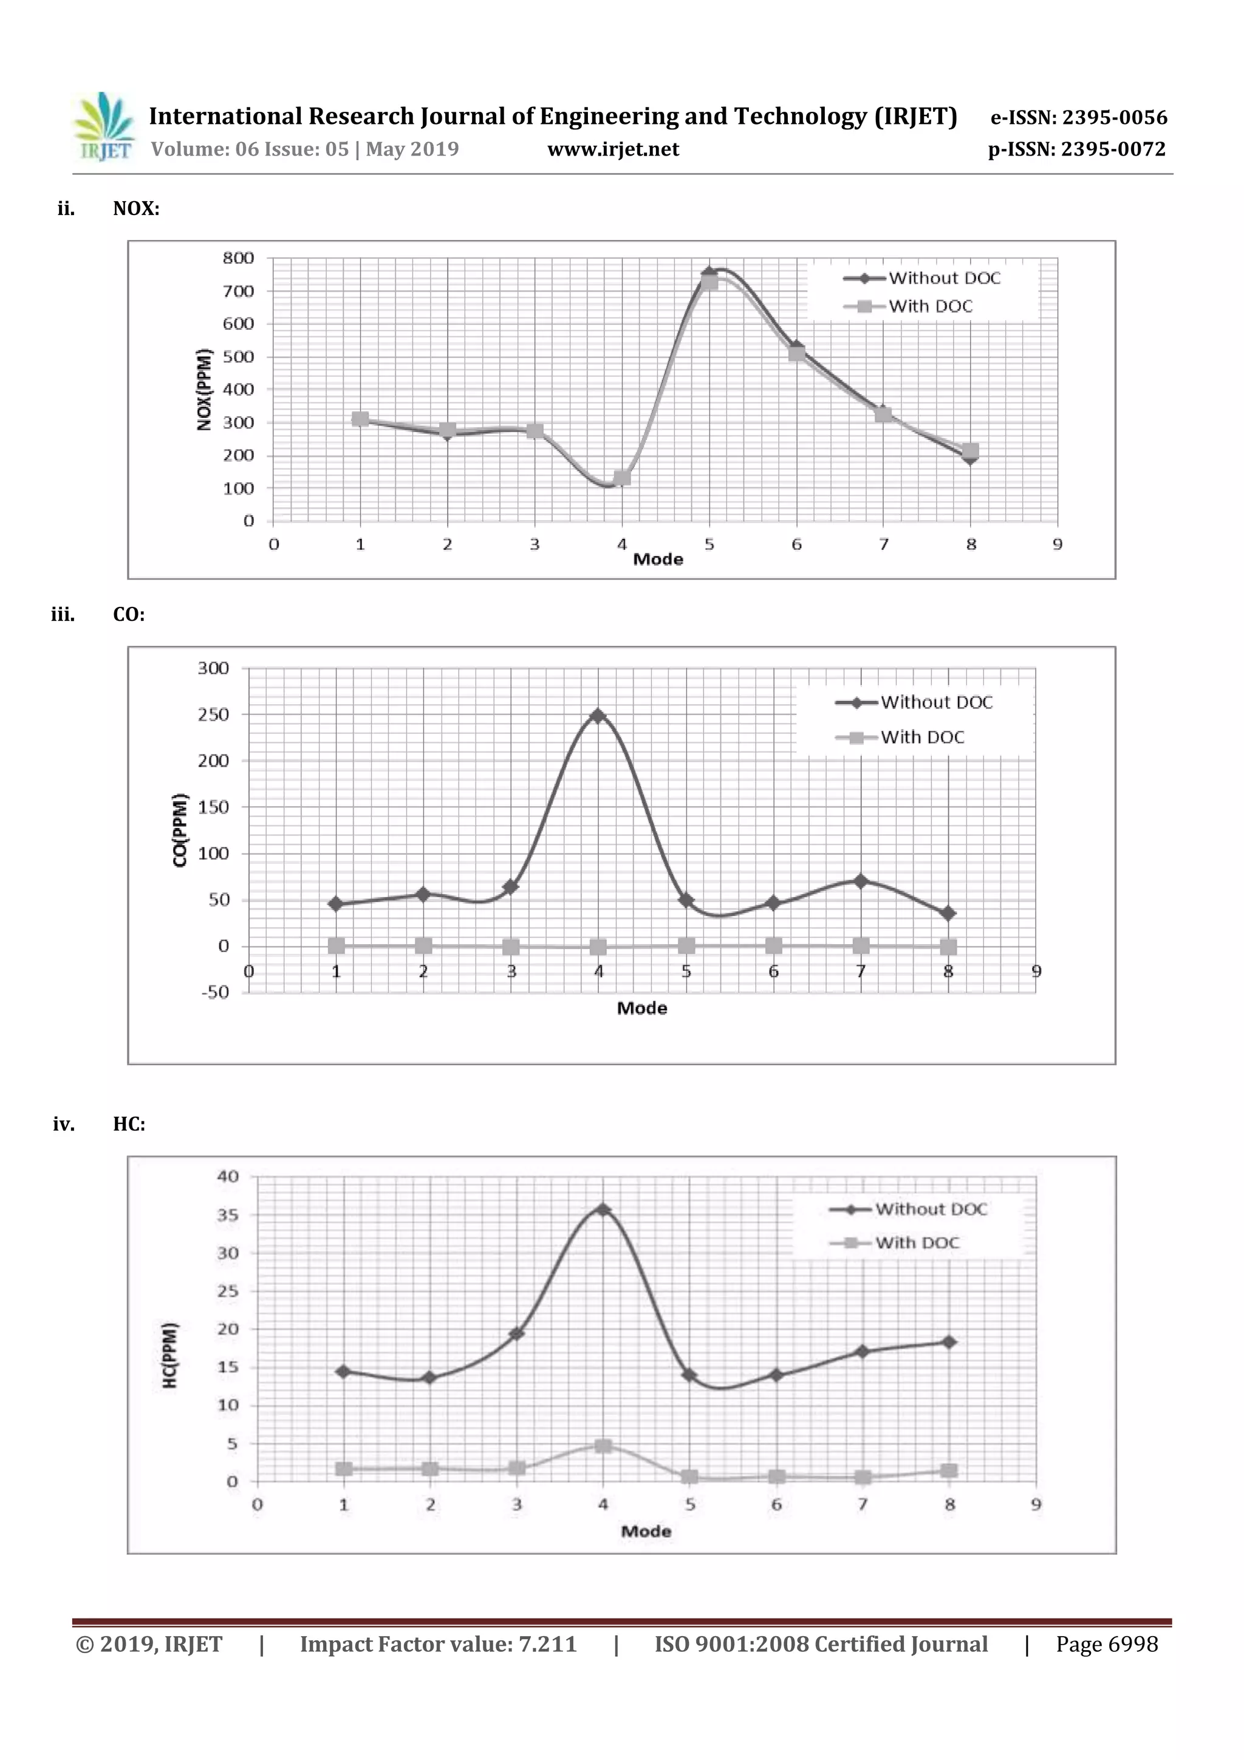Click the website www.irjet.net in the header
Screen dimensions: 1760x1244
coord(612,149)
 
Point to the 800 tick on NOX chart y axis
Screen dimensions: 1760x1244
coord(238,258)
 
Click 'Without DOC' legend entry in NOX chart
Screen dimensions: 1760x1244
coord(943,278)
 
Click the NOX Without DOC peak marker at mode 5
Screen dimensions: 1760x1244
coord(709,272)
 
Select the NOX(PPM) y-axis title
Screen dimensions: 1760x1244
coord(204,389)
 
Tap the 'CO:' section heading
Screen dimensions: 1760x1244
coord(128,615)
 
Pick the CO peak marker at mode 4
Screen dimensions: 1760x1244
coord(598,715)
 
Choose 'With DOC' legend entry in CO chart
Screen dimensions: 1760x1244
coord(921,738)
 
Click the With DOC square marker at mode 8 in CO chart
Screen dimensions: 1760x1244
coord(948,948)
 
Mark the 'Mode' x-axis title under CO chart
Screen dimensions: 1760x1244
coord(641,1008)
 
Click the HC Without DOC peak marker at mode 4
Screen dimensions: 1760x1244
coord(603,1210)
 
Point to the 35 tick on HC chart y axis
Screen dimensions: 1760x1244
coord(228,1215)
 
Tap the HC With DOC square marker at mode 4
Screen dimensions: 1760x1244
coord(603,1446)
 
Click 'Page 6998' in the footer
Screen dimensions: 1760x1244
coord(1106,1643)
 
